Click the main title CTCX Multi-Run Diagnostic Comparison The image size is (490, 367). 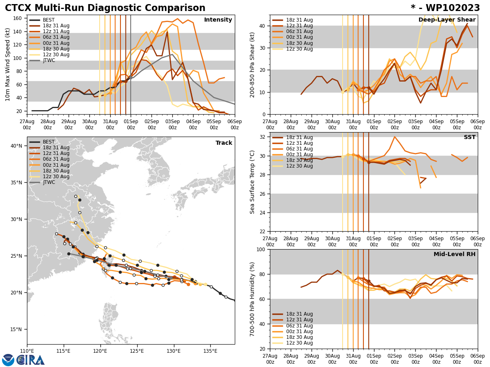105,8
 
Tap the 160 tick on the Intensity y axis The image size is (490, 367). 18,18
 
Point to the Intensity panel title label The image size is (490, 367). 218,20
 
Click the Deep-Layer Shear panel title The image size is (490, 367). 447,20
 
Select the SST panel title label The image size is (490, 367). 470,137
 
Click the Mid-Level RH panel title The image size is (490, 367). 454,254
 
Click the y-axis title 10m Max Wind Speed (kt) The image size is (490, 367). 8,64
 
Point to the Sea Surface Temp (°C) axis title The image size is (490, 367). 252,182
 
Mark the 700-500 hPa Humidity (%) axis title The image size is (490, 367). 252,299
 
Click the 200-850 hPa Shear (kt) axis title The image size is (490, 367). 252,64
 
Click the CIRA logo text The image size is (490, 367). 31,360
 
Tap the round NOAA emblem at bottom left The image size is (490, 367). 8,360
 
